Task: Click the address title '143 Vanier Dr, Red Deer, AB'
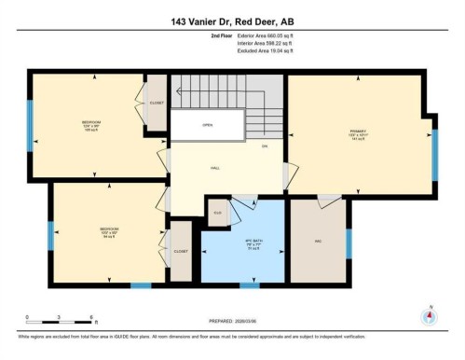pos(232,21)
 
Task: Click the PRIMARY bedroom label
pos(358,133)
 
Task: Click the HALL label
pos(214,168)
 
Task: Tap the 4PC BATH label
pos(250,244)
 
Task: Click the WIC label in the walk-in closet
pos(318,242)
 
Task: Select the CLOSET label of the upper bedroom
pos(156,104)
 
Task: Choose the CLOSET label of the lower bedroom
pos(180,251)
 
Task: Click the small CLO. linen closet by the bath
pos(217,213)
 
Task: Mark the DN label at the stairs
pos(265,146)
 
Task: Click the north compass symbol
pos(428,315)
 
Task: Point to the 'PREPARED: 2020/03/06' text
pos(231,323)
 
